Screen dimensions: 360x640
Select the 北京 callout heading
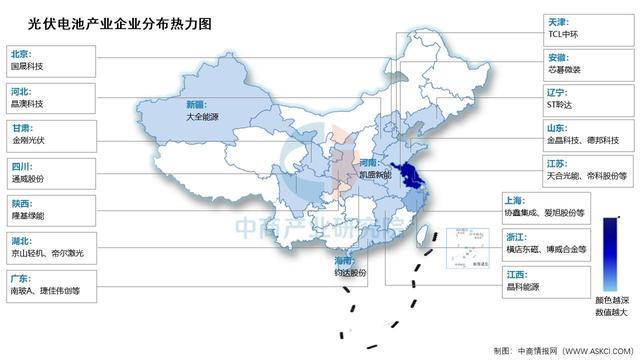(20, 53)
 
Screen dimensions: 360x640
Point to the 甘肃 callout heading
(20, 127)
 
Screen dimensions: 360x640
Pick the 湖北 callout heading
(20, 240)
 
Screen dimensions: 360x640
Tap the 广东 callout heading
(20, 277)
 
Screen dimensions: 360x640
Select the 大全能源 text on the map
(204, 116)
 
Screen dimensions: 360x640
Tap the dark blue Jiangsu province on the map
(410, 179)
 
